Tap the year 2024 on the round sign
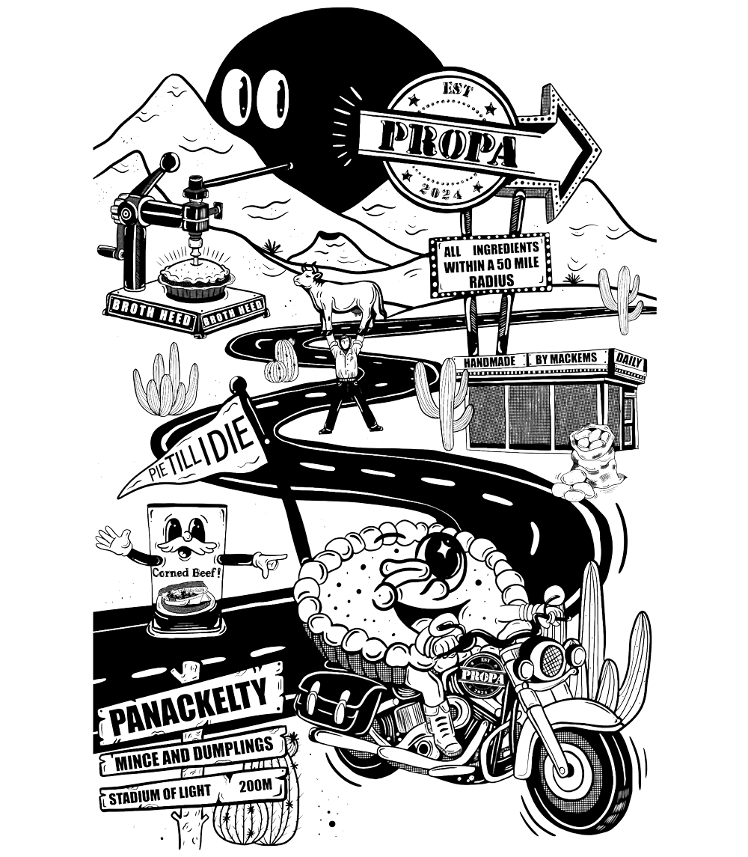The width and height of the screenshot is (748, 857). point(449,193)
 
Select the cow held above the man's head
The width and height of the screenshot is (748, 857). point(341,293)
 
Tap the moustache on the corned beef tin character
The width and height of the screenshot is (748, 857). point(183,552)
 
